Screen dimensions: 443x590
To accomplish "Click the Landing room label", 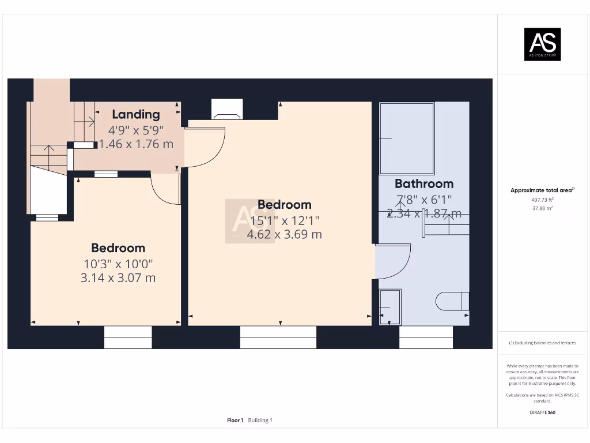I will click(136, 114).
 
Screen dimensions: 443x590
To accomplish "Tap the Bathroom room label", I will click(423, 184).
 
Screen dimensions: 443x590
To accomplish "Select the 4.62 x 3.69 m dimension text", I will click(284, 235).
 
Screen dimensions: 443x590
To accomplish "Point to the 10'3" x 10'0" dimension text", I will click(118, 264).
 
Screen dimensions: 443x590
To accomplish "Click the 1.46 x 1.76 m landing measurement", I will click(136, 144).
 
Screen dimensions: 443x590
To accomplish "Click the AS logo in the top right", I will click(542, 44).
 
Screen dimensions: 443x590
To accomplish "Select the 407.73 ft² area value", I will click(542, 200).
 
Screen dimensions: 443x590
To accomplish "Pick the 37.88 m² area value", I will click(542, 209).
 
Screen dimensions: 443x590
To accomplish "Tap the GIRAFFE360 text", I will click(542, 412).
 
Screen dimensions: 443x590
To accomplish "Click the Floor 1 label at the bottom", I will click(235, 421).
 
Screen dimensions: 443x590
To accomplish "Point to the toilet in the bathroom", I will click(452, 301).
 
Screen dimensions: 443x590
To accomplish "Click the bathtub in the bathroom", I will click(407, 138).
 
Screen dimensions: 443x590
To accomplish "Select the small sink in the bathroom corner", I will click(390, 306).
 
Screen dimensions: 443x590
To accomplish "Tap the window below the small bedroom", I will click(128, 337).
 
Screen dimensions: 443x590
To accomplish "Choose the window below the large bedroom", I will click(278, 337).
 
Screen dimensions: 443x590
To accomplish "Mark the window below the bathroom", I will click(426, 337).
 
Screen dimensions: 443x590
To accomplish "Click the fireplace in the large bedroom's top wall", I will click(227, 110).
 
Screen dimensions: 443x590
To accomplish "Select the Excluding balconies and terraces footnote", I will click(542, 343).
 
